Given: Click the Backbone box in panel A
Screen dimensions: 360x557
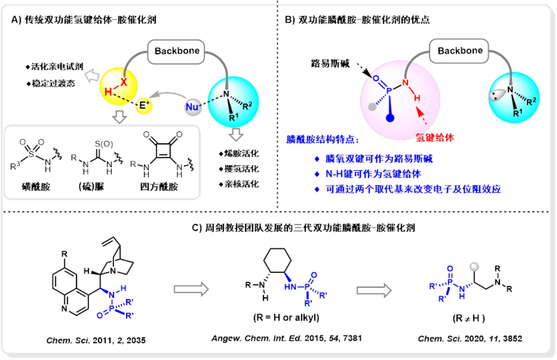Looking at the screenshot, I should [177, 51].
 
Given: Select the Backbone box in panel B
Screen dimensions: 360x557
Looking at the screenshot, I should [460, 50].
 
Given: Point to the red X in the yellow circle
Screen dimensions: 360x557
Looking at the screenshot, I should [124, 80].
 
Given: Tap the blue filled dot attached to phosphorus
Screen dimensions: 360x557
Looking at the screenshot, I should [391, 118].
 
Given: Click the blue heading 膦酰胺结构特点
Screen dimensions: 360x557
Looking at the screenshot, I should [322, 140].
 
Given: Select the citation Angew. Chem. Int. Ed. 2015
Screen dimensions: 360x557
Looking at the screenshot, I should [286, 337].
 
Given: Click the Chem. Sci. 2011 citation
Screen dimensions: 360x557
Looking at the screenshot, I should [96, 340].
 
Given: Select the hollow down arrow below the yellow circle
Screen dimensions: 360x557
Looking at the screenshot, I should [119, 117].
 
